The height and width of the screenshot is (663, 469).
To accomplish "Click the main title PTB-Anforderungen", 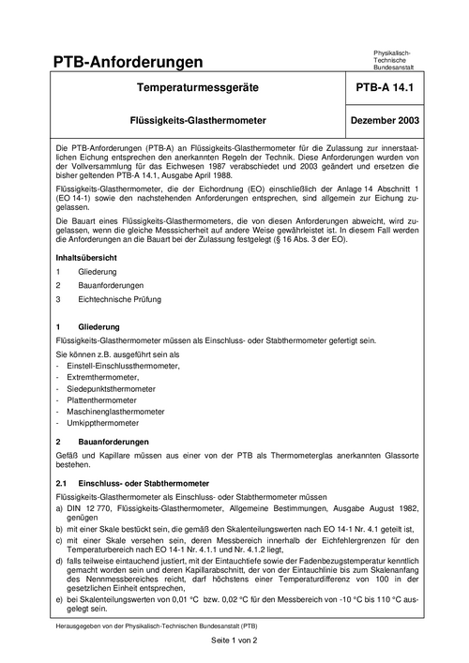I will pos(129,62).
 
